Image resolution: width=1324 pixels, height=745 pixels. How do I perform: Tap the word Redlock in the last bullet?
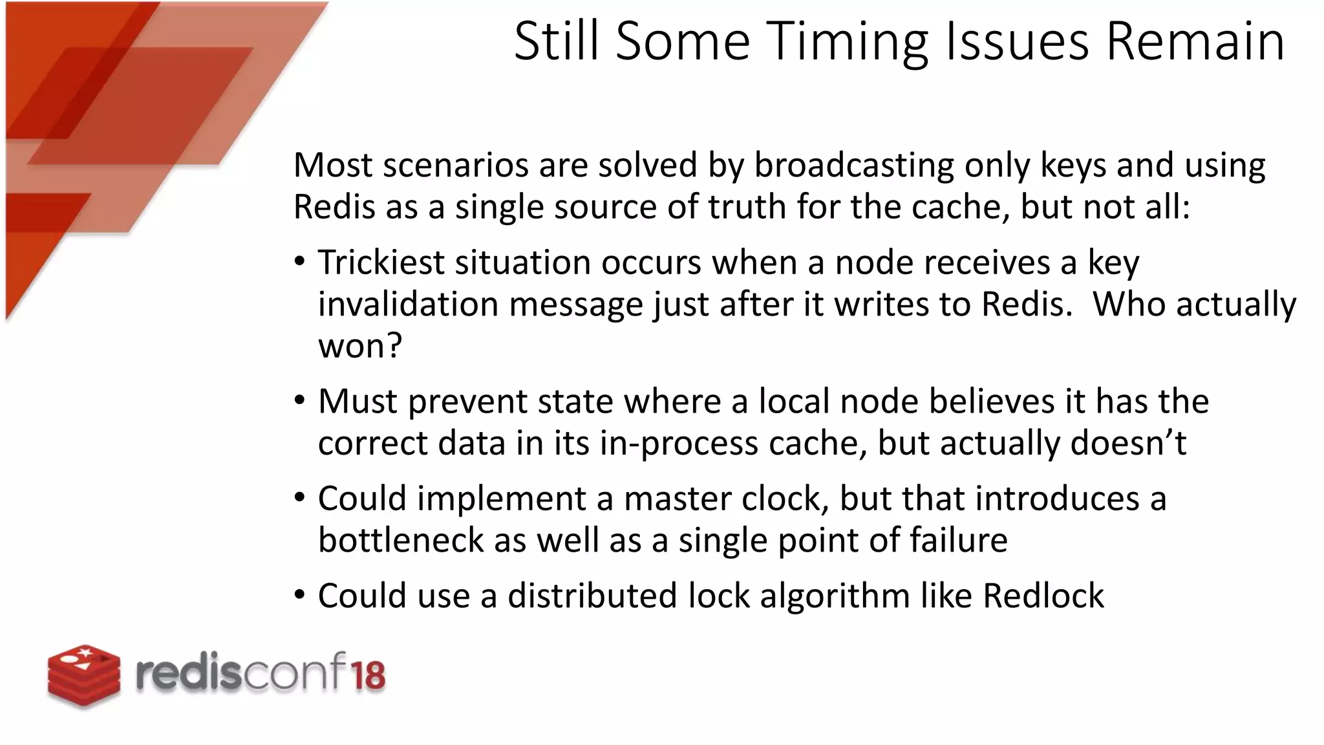tap(1043, 596)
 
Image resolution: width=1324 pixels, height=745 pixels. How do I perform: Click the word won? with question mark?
tap(359, 346)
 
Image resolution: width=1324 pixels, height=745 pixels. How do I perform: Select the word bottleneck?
tap(400, 541)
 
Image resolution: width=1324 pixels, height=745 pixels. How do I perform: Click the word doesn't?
tap(1128, 444)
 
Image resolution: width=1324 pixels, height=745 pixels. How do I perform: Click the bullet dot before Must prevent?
tap(299, 401)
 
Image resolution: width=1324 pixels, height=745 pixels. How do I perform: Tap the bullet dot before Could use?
tap(299, 595)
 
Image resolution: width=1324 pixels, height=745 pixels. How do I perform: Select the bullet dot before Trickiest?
tap(299, 263)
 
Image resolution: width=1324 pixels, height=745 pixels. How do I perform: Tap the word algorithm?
tap(835, 596)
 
